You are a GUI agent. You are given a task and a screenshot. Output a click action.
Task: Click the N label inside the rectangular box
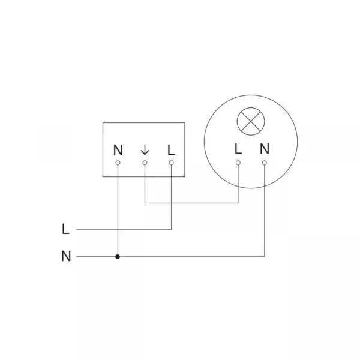coord(118,150)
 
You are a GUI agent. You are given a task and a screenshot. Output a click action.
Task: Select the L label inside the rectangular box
coord(171,150)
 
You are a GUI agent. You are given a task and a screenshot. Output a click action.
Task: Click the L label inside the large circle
coord(238,149)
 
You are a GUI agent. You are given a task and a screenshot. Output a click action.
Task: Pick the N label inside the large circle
coord(265,149)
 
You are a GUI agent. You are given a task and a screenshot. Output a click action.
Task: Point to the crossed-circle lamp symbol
coord(251,121)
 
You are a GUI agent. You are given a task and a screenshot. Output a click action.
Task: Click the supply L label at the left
coord(65,229)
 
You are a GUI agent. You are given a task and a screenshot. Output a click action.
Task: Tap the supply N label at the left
coord(66,256)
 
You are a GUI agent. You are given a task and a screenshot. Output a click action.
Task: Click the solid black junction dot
coord(118,256)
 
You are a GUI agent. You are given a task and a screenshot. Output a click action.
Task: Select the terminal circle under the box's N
coord(118,163)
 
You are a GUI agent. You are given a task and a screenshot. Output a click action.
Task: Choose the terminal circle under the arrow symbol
coord(145,163)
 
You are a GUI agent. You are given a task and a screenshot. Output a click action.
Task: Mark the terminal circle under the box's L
coord(171,163)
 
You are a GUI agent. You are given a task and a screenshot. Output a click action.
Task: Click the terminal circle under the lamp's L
coord(238,163)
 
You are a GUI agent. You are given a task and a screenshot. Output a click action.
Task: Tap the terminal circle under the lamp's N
coord(265,163)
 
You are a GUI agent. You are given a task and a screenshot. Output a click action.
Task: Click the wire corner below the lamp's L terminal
coord(238,203)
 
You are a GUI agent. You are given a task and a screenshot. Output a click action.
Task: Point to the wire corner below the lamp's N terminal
coord(265,256)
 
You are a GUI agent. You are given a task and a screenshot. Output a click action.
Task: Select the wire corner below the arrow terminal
coord(145,203)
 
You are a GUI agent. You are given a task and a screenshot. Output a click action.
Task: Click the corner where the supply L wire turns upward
coord(171,229)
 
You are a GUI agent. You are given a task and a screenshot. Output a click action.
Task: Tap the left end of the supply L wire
coord(76,229)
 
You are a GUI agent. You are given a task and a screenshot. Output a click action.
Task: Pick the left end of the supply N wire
coord(76,256)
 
